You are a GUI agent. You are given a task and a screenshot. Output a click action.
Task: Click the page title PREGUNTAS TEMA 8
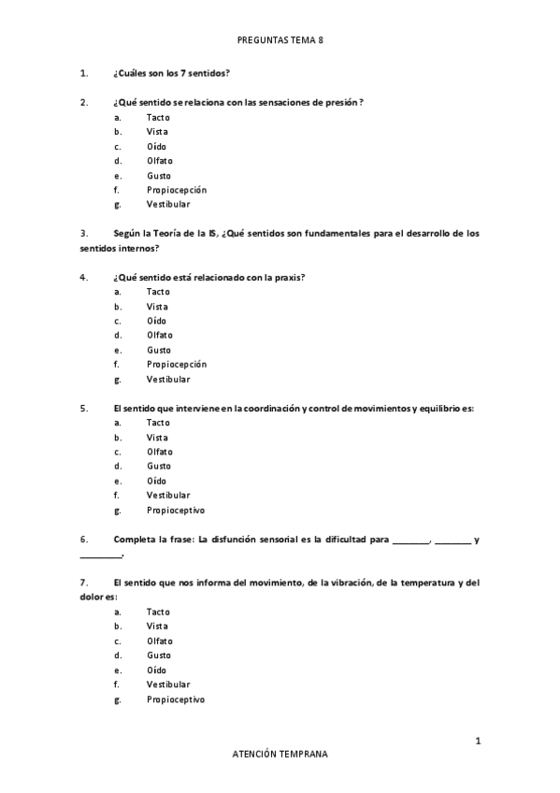click(x=280, y=40)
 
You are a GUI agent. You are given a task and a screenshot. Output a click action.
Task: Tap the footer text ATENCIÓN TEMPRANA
click(x=280, y=753)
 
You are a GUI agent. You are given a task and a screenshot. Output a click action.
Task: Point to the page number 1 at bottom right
click(x=478, y=742)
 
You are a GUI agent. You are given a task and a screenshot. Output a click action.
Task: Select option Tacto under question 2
click(x=158, y=117)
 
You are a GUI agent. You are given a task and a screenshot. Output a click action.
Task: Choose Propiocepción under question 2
click(x=176, y=190)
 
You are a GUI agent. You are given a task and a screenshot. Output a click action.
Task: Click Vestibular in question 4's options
click(x=167, y=379)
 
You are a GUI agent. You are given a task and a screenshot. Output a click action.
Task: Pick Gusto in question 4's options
click(x=158, y=350)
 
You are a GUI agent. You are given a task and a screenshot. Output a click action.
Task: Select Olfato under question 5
click(x=159, y=452)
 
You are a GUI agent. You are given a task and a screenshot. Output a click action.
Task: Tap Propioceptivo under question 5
click(x=175, y=510)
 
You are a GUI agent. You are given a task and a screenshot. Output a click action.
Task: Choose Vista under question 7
click(x=157, y=626)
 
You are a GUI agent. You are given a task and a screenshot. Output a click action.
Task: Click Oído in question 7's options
click(x=157, y=670)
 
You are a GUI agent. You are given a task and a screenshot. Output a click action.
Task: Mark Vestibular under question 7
click(x=167, y=685)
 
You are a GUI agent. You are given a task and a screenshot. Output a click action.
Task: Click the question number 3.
click(x=84, y=233)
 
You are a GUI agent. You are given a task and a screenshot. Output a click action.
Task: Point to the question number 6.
click(x=84, y=539)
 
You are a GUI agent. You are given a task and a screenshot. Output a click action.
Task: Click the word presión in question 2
click(x=342, y=102)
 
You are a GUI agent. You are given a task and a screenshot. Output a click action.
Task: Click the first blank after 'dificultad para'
click(x=410, y=540)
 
